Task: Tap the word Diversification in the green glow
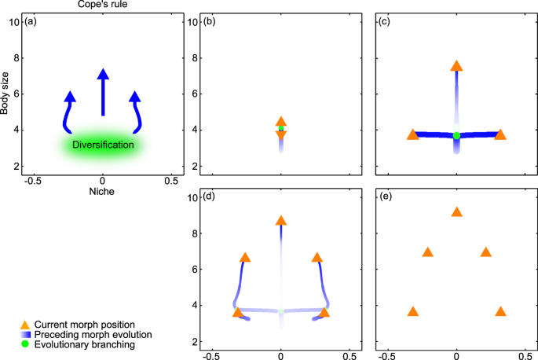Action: tap(103, 145)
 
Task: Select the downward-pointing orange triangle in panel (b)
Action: tap(281, 135)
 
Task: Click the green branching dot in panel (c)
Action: tap(456, 135)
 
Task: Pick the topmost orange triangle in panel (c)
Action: tap(456, 66)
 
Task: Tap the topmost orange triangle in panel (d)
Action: tap(281, 221)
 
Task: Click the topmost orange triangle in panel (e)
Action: tap(456, 212)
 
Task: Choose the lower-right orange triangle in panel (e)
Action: tap(500, 311)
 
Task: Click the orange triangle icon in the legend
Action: tap(25, 324)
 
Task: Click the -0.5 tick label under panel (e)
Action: tap(385, 354)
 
